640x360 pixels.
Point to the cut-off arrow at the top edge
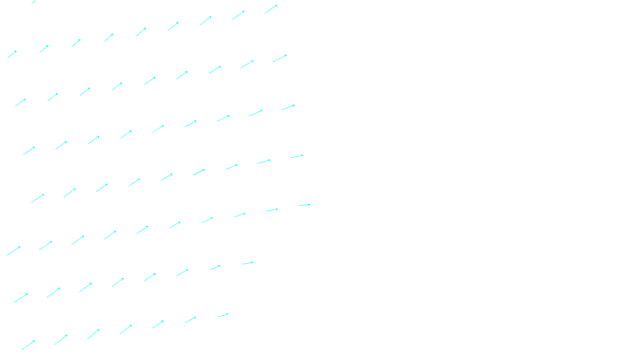34,2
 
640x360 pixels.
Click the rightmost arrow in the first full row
271,9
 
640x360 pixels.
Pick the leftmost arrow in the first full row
12,54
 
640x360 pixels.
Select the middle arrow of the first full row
141,32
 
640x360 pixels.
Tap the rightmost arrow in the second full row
280,58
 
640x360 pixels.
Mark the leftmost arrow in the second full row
20,102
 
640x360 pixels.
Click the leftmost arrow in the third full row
29,151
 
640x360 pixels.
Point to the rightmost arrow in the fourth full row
297,156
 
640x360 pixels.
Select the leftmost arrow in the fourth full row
38,198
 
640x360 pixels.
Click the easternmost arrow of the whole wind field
304,205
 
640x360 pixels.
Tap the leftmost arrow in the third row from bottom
13,251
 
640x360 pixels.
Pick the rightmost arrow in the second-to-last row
248,263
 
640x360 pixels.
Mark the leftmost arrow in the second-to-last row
21,298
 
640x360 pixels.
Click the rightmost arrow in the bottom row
223,316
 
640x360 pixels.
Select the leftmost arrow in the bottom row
28,345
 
